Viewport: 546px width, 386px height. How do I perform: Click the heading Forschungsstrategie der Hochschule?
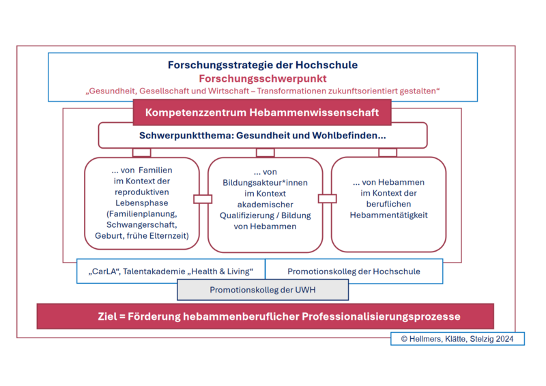tap(263, 65)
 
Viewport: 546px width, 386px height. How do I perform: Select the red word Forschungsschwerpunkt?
tap(263, 78)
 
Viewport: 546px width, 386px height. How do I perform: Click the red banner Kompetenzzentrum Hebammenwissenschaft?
tap(262, 113)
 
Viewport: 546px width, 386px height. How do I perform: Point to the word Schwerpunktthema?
tap(186, 136)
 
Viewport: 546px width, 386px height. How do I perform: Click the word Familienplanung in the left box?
tap(142, 213)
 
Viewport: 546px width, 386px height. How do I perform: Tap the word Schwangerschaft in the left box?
tap(142, 225)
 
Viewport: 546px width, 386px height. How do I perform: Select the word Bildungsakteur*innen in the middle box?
tap(265, 183)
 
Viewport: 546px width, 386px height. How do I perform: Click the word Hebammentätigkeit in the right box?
tap(388, 215)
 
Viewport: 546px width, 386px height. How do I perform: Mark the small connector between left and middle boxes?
tap(203, 199)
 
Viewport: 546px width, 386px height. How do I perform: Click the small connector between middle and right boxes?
tap(328, 198)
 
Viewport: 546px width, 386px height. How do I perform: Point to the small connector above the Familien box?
tap(142, 153)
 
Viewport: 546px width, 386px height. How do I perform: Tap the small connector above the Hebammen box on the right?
tap(388, 153)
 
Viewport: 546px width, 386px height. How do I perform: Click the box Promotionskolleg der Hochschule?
tap(354, 271)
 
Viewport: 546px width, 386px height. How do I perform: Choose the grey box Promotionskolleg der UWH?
tap(263, 290)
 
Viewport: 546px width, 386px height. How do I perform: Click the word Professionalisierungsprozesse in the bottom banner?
tap(381, 316)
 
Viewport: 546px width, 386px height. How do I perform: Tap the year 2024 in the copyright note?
tap(504, 339)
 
